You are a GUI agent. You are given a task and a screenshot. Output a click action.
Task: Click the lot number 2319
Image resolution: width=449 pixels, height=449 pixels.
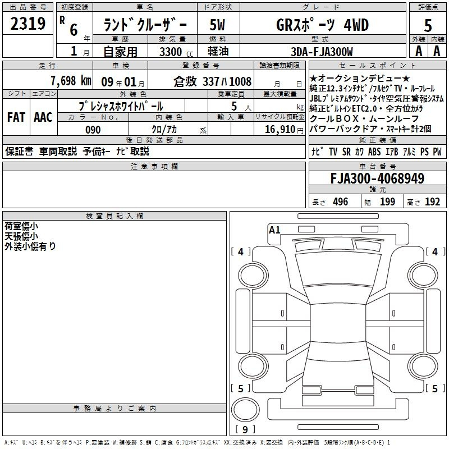[28, 24]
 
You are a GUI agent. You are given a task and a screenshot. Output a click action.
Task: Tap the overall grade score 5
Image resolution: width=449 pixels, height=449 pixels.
[428, 26]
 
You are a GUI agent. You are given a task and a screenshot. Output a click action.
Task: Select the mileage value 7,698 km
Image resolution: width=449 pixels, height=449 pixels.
[71, 81]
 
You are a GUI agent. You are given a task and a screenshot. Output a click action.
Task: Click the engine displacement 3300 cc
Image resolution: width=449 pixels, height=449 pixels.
[176, 52]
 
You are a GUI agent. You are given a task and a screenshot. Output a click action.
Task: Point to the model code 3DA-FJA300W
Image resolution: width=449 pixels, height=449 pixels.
[322, 52]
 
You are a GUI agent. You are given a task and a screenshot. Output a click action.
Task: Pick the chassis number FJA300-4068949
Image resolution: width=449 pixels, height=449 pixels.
[377, 178]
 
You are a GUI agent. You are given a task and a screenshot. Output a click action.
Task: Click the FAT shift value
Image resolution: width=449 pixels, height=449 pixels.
[16, 117]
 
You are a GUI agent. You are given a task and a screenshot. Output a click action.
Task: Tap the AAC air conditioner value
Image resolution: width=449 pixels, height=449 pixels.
[43, 117]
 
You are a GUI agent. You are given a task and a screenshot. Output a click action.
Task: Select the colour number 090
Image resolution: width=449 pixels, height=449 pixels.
[93, 130]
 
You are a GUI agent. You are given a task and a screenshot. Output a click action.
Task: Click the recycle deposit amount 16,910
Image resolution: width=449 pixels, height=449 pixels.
[280, 130]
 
